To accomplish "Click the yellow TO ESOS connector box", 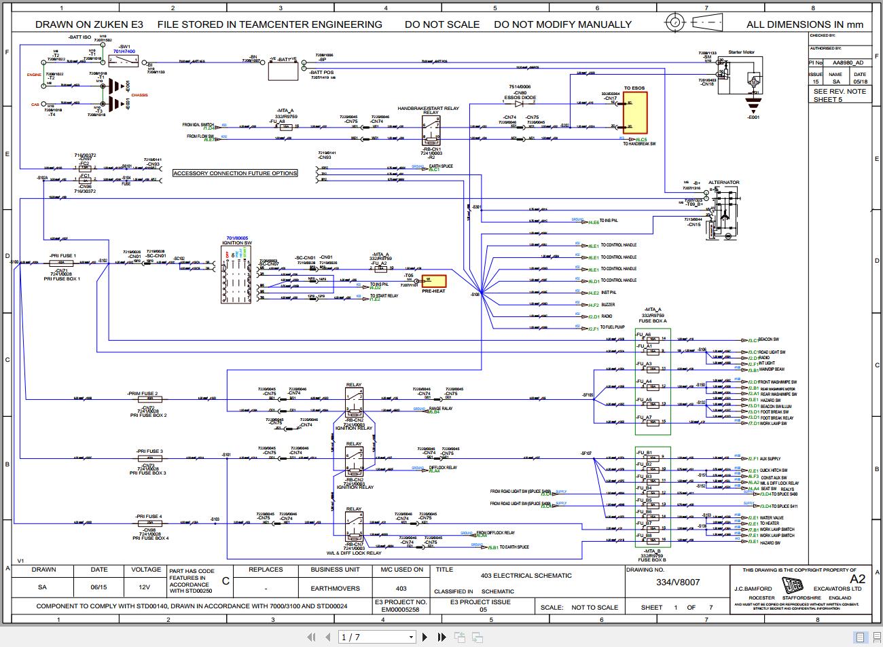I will (x=636, y=114).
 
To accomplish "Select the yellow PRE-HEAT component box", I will (x=432, y=280).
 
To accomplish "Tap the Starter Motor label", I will (x=741, y=52).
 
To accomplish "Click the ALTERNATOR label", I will (x=723, y=182).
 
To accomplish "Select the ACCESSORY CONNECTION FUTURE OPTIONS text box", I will (x=235, y=173).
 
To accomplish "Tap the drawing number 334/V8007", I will (x=677, y=583).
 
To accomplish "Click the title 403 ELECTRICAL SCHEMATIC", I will (x=526, y=576).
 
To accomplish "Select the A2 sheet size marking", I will (x=857, y=578).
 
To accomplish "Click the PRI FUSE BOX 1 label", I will (x=62, y=279).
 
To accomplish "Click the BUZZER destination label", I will (x=607, y=305).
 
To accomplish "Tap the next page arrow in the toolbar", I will (x=425, y=637).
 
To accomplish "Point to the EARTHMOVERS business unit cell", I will (x=335, y=588).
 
